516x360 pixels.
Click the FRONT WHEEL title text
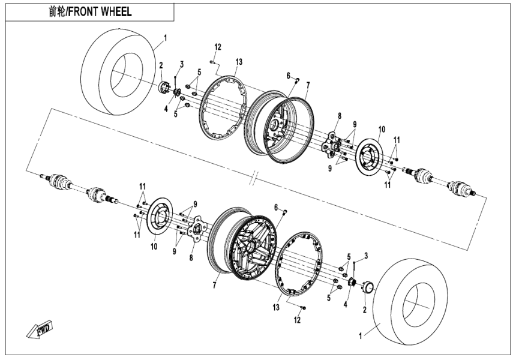click(90, 12)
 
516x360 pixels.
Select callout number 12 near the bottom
click(297, 320)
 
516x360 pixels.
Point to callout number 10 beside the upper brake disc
click(381, 128)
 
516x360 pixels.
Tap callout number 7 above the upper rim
click(308, 85)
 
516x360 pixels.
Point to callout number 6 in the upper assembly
click(289, 76)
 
